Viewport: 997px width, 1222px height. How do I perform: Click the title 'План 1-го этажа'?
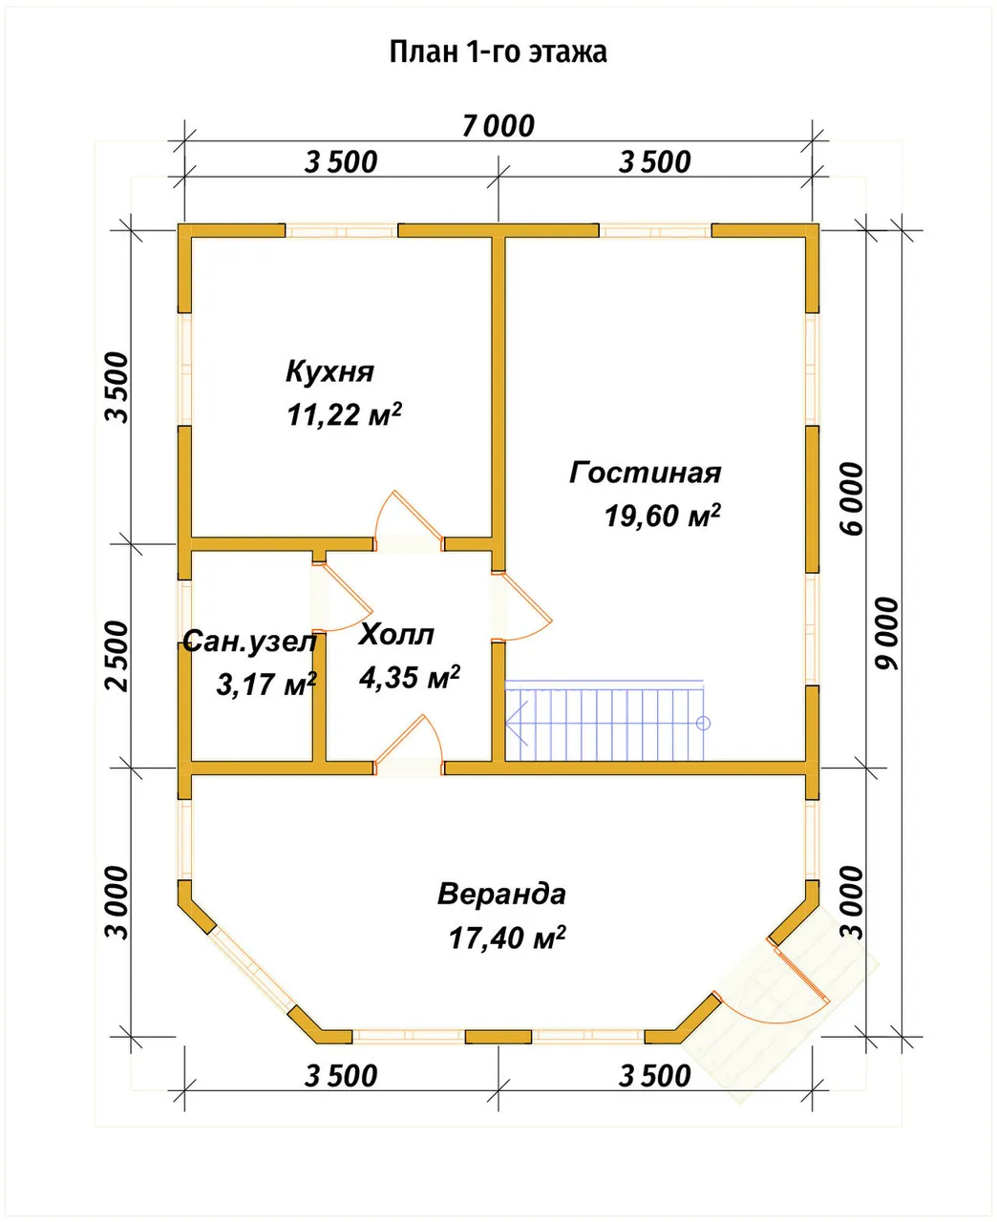click(498, 53)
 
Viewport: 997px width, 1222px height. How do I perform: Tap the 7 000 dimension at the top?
click(498, 126)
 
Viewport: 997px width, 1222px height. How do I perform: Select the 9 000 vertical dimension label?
click(887, 634)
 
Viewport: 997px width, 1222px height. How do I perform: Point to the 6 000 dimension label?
click(852, 499)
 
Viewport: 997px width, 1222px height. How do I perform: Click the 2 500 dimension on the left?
click(117, 656)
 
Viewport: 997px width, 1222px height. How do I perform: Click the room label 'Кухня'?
click(329, 371)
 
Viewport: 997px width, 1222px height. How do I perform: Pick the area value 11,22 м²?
click(345, 415)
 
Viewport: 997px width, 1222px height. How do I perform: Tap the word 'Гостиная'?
click(646, 473)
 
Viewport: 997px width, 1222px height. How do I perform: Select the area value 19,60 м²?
click(663, 516)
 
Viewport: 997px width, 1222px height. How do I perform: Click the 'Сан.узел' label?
click(250, 642)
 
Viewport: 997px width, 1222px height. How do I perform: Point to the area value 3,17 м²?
click(266, 685)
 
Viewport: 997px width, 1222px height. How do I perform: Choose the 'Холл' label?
click(396, 635)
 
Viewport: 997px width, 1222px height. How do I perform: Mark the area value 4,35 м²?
click(410, 677)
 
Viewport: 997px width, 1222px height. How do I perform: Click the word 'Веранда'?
click(501, 894)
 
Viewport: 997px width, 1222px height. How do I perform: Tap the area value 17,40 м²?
click(507, 938)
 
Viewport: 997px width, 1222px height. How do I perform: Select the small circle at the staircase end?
click(703, 723)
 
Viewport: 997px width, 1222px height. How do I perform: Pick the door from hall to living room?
click(521, 606)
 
